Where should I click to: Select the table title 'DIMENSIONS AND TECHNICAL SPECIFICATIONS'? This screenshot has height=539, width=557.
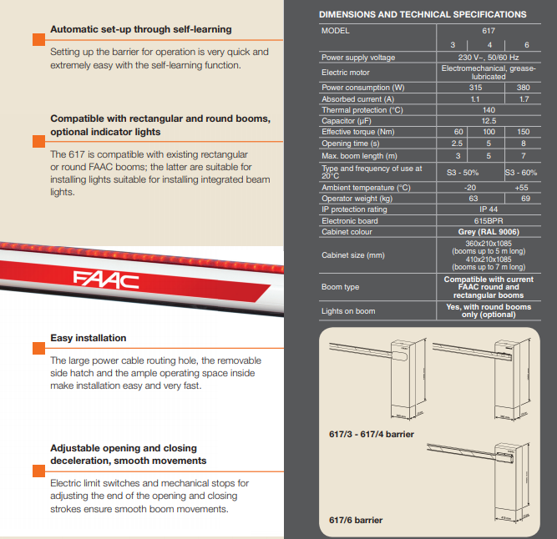(423, 14)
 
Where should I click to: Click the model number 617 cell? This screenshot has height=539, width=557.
(489, 30)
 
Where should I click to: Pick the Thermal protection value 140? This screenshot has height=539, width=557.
(489, 110)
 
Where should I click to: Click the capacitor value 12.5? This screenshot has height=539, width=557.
(489, 121)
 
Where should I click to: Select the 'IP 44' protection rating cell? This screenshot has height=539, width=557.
(489, 209)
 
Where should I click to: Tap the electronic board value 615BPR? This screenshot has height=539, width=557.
(489, 220)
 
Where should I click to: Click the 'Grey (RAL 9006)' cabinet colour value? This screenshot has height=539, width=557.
(489, 231)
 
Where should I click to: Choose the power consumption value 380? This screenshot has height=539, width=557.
(523, 88)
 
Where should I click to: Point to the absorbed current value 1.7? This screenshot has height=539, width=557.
(523, 99)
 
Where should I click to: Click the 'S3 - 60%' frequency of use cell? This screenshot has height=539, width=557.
(522, 172)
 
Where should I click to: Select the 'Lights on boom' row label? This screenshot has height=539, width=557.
(347, 311)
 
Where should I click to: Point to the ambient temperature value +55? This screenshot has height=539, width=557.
(523, 188)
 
